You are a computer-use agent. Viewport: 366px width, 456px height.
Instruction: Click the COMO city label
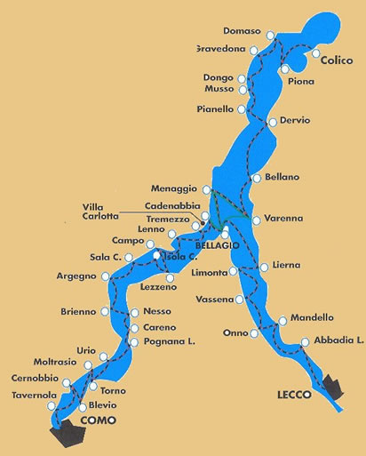(98, 420)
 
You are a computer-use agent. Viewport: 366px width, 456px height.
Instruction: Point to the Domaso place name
(243, 31)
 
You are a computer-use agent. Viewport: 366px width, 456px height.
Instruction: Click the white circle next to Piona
(283, 69)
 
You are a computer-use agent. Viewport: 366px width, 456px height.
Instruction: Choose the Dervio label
(295, 120)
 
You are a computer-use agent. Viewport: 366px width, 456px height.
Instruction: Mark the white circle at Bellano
(257, 178)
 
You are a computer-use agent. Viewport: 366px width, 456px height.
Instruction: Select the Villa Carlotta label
(99, 212)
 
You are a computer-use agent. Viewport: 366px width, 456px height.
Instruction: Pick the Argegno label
(76, 276)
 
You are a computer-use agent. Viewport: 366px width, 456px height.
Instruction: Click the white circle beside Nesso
(134, 313)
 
